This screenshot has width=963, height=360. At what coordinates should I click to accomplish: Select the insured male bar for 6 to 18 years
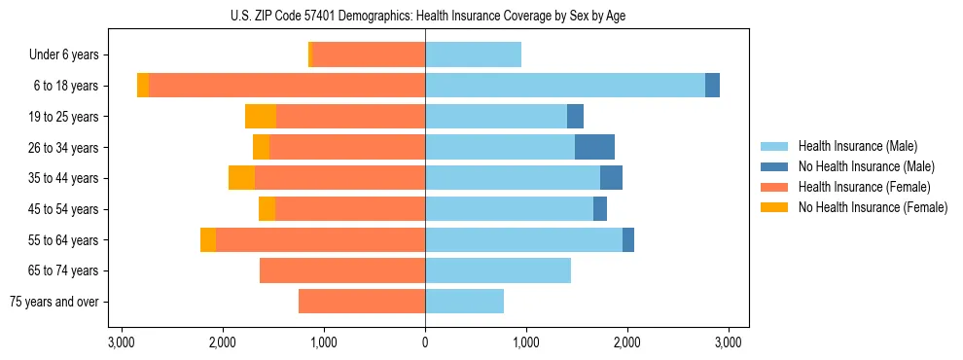(x=565, y=86)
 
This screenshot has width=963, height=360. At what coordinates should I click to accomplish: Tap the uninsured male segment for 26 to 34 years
(x=594, y=147)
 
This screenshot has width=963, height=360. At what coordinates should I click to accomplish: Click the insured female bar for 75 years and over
(x=362, y=302)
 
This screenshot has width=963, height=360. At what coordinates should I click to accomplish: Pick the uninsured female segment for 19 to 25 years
(x=261, y=117)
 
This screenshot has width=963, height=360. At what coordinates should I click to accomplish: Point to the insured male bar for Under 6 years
(x=473, y=54)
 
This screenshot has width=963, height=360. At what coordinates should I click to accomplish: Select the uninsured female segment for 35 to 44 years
(x=241, y=178)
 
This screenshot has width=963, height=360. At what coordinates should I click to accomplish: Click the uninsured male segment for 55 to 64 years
(x=628, y=239)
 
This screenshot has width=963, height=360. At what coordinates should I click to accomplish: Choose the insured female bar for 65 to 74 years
(x=342, y=270)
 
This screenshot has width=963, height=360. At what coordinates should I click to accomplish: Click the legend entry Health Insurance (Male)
(x=856, y=146)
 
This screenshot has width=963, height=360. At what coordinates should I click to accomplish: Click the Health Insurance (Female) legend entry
(x=864, y=187)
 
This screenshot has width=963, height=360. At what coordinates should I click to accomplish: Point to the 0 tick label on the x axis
(x=425, y=342)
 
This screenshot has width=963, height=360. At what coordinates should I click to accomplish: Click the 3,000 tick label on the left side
(x=122, y=342)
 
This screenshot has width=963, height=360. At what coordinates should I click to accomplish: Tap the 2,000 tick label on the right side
(x=627, y=342)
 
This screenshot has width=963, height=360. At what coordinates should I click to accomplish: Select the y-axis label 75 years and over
(x=57, y=302)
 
